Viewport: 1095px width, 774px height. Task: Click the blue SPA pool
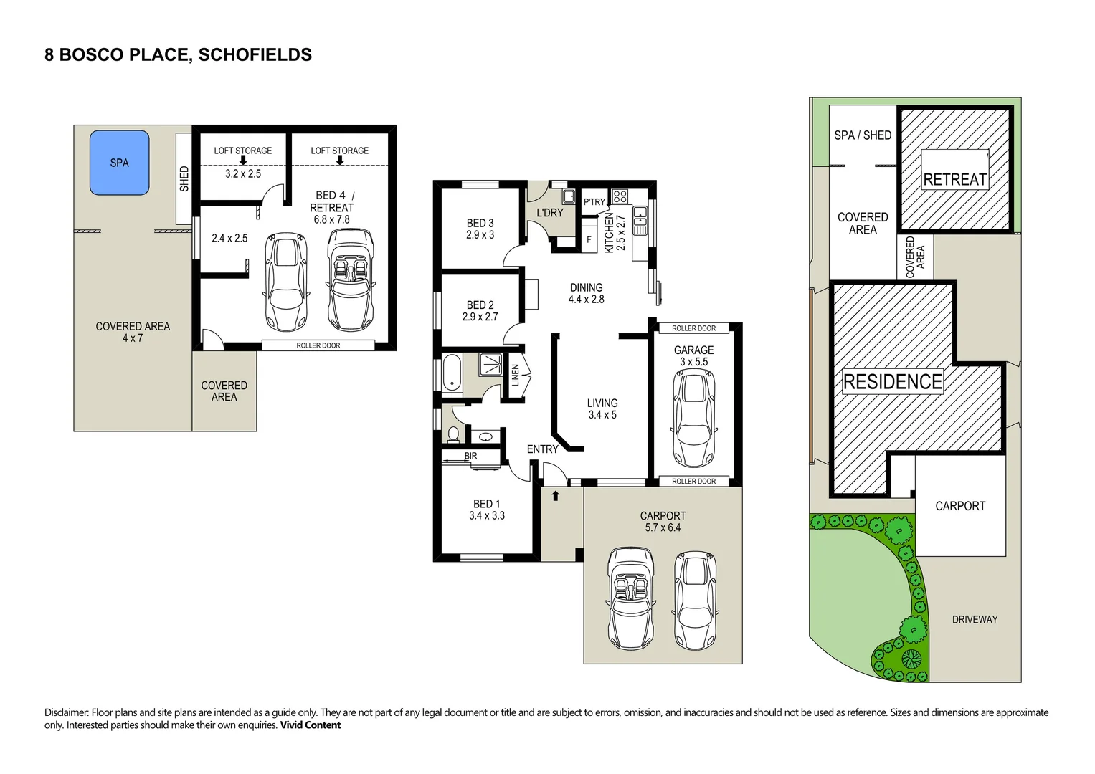[x=119, y=163]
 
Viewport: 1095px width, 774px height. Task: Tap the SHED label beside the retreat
[x=184, y=179]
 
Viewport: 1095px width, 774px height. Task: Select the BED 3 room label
[x=480, y=223]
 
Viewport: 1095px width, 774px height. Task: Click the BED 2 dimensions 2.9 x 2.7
[x=480, y=317]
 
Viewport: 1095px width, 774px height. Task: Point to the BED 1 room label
[x=486, y=504]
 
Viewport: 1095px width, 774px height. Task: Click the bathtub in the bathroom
[x=452, y=373]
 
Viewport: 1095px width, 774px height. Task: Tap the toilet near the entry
[x=453, y=434]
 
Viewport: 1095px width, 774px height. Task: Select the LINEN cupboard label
[x=515, y=376]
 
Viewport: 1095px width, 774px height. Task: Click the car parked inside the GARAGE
[x=693, y=419]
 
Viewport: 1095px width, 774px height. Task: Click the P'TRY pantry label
[x=594, y=202]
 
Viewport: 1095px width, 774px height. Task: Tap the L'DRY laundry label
[x=550, y=213]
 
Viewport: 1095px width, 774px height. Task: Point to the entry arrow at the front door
[x=555, y=496]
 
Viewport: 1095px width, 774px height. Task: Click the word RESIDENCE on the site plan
[x=893, y=381]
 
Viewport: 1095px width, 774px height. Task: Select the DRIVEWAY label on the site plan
[x=975, y=620]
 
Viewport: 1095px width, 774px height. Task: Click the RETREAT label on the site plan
[x=954, y=180]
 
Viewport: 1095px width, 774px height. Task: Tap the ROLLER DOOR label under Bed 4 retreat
[x=318, y=345]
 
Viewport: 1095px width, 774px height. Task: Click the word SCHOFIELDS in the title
[x=255, y=54]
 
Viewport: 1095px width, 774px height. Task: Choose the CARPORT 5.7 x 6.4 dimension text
[x=663, y=527]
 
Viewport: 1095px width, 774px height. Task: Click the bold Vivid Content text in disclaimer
[x=311, y=725]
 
